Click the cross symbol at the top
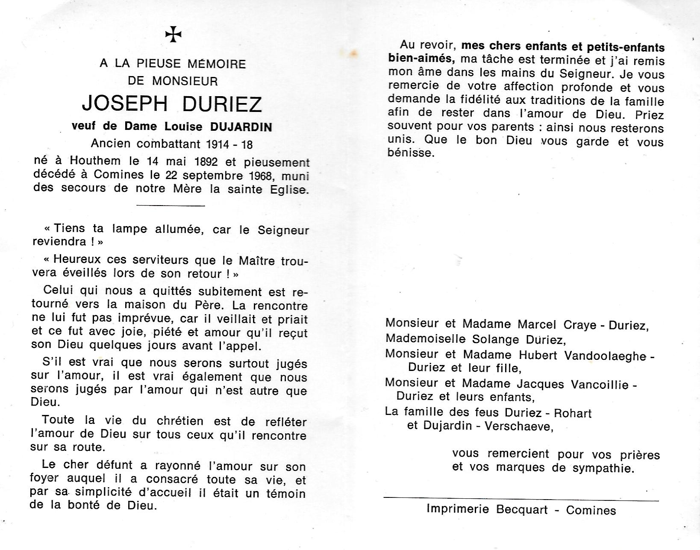coord(174,35)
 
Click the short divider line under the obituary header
coord(171,206)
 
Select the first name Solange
coord(495,339)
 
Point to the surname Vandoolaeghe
coord(599,355)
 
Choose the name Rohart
coord(573,413)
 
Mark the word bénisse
coord(411,153)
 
